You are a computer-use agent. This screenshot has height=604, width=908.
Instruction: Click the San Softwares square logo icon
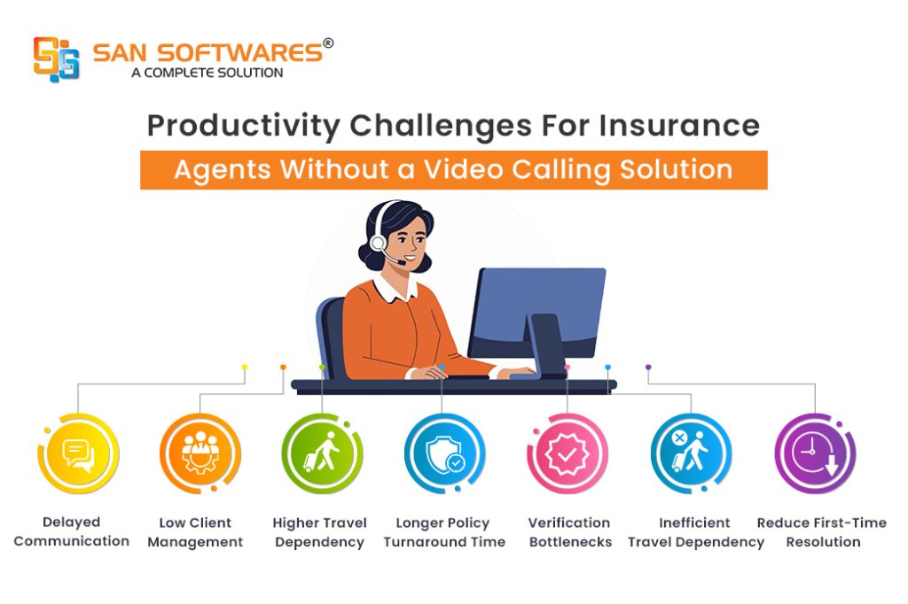[56, 59]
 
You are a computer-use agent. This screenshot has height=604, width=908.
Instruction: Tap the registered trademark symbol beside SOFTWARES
[328, 43]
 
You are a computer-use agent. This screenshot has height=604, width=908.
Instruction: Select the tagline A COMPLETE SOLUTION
[207, 73]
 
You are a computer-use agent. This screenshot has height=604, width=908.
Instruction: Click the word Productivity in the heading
[243, 127]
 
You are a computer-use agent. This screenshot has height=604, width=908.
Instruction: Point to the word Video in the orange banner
[463, 169]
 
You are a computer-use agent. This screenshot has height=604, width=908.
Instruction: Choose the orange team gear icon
[200, 453]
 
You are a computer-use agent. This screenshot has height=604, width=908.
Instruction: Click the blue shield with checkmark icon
[444, 454]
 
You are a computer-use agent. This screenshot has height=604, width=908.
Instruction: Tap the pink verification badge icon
[567, 454]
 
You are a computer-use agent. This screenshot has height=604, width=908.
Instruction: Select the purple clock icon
[816, 453]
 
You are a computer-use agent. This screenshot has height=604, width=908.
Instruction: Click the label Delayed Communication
[71, 531]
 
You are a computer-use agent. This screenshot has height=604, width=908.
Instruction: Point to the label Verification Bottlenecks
[570, 532]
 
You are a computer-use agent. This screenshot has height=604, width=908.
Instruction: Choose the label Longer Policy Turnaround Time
[444, 532]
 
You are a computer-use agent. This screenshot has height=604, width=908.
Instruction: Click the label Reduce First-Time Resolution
[822, 532]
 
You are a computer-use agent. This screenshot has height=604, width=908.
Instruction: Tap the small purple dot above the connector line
[648, 368]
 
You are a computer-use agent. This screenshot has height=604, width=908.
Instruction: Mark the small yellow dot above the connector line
[245, 368]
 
